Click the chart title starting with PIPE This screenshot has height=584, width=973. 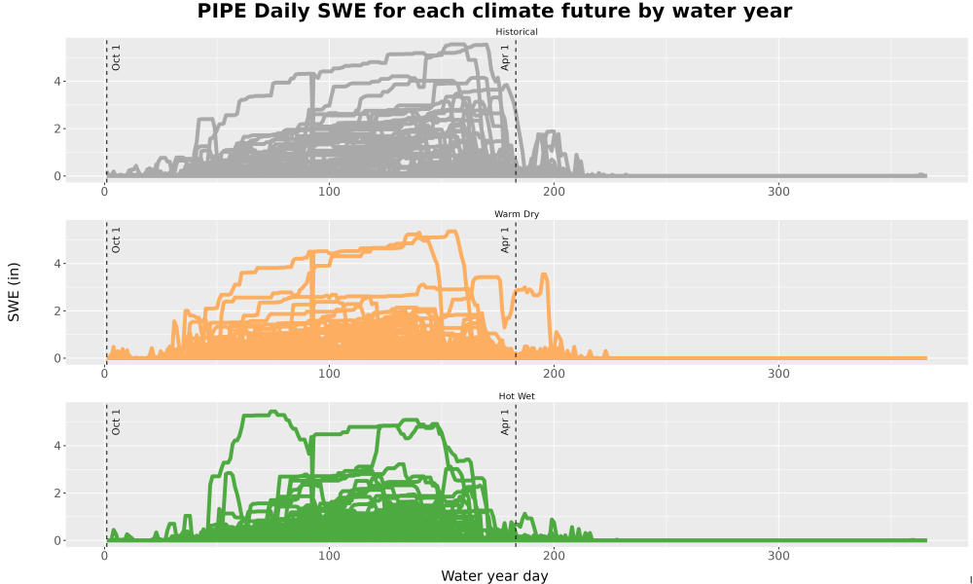(x=494, y=11)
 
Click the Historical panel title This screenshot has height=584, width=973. (x=517, y=32)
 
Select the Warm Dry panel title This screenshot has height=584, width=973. (x=517, y=214)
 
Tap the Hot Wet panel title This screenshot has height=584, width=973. (x=517, y=396)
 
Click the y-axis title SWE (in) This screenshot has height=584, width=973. (x=14, y=292)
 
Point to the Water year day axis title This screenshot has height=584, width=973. (x=494, y=576)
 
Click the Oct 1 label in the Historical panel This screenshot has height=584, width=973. (x=116, y=57)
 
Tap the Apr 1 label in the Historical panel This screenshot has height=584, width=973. (x=505, y=57)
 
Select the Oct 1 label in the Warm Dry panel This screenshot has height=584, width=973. (x=116, y=240)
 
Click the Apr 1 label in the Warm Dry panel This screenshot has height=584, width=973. (x=505, y=240)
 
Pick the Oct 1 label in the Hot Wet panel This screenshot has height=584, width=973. (x=116, y=422)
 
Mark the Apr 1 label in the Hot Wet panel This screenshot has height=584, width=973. (x=505, y=422)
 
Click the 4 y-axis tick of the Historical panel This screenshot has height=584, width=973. (x=57, y=82)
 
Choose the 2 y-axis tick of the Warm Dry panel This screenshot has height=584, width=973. (x=57, y=310)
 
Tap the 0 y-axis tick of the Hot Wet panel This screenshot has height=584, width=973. (x=57, y=540)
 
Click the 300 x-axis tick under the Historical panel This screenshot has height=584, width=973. (x=778, y=192)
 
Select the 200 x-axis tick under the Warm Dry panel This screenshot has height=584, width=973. (x=555, y=374)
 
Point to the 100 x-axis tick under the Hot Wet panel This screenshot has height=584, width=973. (x=330, y=556)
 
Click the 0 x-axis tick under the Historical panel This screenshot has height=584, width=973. (x=105, y=192)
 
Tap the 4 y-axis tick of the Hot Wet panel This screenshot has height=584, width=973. (x=57, y=446)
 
